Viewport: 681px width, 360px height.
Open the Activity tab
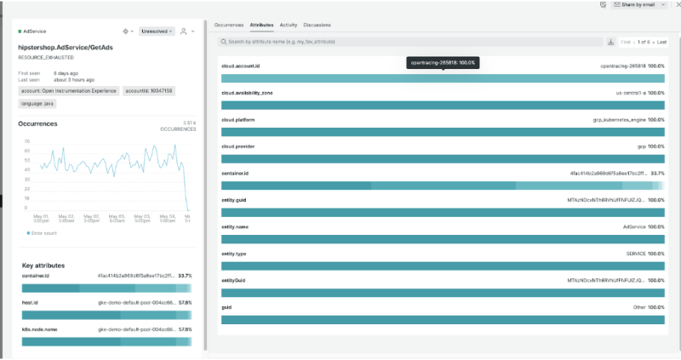click(x=289, y=25)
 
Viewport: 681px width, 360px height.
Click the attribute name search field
click(x=409, y=42)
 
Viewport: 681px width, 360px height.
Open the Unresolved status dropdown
click(x=157, y=31)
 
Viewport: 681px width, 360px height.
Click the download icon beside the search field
click(x=610, y=42)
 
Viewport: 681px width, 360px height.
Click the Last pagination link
click(x=661, y=42)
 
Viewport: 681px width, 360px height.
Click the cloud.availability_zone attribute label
click(x=247, y=92)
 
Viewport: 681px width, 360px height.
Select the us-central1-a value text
click(x=631, y=92)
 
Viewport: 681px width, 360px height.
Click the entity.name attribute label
click(x=234, y=226)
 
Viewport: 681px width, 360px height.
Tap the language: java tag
click(x=37, y=103)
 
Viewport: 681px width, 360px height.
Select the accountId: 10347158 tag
click(x=150, y=90)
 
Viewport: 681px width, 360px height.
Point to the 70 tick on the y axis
click(x=27, y=141)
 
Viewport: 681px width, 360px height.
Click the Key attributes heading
click(x=45, y=266)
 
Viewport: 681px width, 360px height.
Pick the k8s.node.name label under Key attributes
click(x=38, y=329)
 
